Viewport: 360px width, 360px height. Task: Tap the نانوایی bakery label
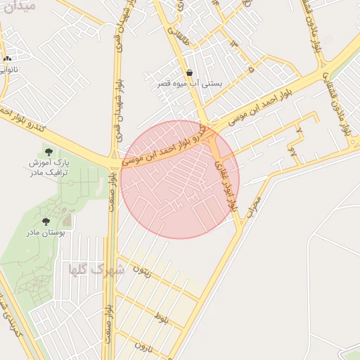point(6,70)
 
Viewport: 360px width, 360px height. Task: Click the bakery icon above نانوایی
point(7,59)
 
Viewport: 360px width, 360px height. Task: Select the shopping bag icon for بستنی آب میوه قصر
point(190,72)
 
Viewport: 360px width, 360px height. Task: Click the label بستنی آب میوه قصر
point(190,83)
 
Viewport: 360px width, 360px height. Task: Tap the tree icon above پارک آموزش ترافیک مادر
point(48,151)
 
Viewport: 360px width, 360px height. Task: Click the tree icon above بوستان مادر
point(46,221)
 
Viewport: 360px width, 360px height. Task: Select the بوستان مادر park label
point(45,231)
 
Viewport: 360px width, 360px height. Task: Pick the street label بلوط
point(163,321)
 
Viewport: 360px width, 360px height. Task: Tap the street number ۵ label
point(251,70)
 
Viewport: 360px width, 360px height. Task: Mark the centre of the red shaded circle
point(180,179)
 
